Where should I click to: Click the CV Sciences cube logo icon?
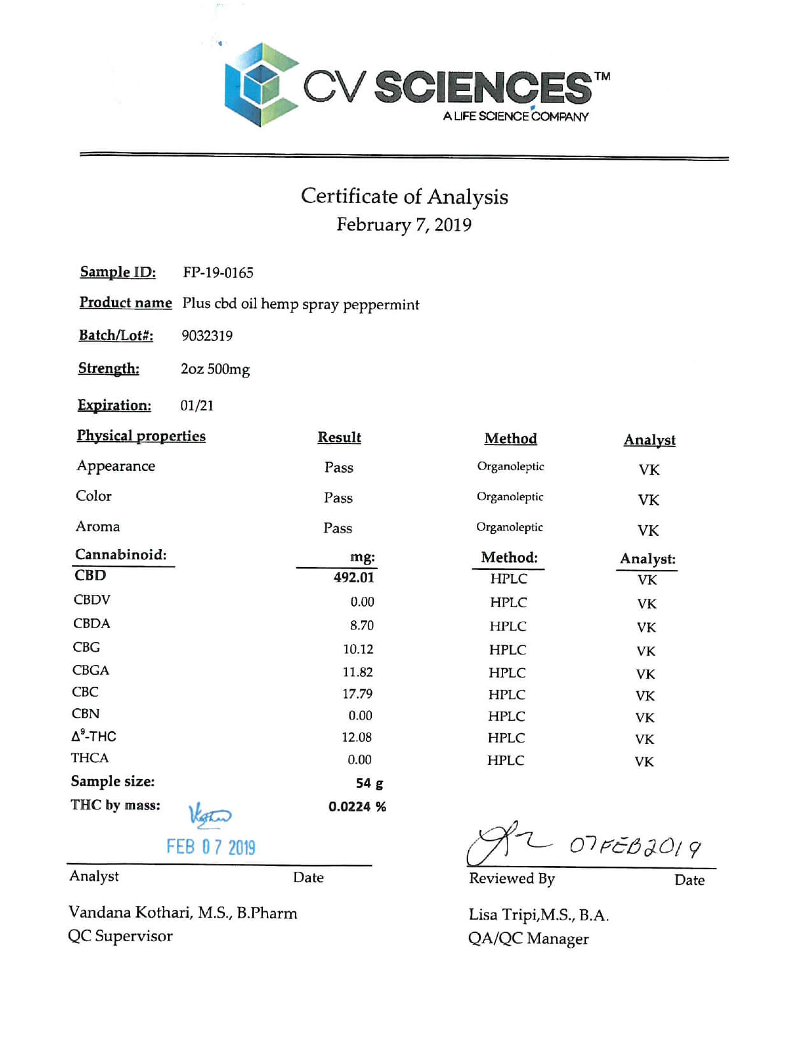[261, 85]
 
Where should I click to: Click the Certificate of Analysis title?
[404, 196]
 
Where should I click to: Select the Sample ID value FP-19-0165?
[218, 273]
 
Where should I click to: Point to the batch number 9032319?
[207, 336]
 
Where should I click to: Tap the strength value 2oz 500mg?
[215, 369]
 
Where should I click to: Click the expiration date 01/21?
[197, 405]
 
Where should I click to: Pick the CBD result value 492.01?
[354, 578]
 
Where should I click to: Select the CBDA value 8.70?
[362, 626]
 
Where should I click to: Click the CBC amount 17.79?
[357, 694]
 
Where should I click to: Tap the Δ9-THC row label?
[94, 736]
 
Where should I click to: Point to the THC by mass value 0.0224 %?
[357, 807]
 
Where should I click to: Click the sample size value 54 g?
[369, 783]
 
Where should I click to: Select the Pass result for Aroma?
[338, 528]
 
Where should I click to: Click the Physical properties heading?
[141, 436]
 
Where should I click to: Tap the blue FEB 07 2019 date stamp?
[211, 847]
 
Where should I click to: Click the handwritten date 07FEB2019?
[635, 846]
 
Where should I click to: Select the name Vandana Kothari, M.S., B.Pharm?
[183, 913]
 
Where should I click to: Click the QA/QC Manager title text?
[528, 939]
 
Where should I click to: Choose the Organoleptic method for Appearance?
[511, 466]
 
